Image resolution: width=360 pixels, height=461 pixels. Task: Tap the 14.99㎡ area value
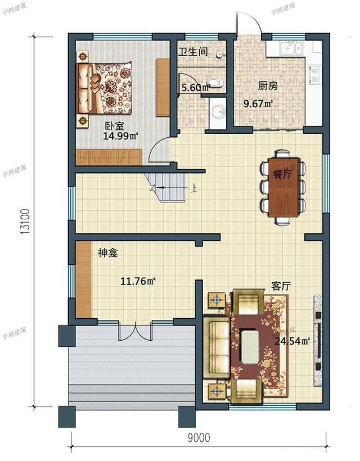click(120, 136)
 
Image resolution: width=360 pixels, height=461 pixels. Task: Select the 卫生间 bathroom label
click(193, 52)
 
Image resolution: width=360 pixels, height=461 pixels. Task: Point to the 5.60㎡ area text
click(195, 87)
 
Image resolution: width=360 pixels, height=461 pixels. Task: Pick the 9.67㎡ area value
click(258, 103)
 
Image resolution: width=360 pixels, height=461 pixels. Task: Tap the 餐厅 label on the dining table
click(282, 174)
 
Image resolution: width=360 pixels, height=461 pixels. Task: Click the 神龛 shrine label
click(107, 254)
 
